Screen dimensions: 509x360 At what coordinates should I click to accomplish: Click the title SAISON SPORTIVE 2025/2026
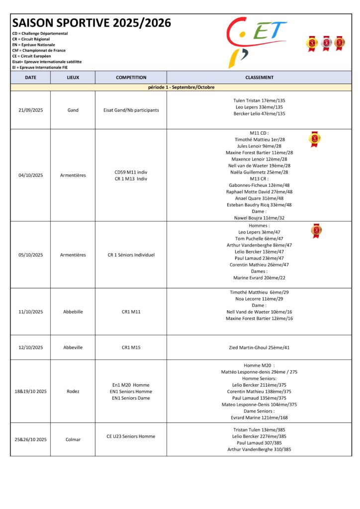point(91,23)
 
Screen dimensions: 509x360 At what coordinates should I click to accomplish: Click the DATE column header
point(30,78)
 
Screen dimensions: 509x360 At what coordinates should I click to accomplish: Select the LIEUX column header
point(73,78)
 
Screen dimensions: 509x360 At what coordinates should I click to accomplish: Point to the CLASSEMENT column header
point(259,78)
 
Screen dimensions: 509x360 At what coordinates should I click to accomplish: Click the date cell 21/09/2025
point(30,110)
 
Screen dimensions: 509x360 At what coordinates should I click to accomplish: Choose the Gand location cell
point(73,110)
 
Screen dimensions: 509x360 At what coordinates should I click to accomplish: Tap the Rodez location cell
point(73,391)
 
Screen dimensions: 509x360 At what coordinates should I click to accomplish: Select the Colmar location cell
point(73,439)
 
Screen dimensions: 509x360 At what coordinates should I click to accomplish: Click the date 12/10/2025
point(30,347)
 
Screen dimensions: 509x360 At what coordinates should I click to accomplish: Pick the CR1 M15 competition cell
point(131,347)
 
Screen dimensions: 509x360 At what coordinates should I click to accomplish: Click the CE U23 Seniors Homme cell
point(131,436)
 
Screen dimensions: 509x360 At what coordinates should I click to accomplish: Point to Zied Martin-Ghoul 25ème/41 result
point(259,347)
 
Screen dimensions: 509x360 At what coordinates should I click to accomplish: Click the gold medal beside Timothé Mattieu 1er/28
point(315,139)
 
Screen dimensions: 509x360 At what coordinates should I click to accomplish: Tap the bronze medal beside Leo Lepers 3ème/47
point(316,231)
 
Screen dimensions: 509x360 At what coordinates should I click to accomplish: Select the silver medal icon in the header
point(326,44)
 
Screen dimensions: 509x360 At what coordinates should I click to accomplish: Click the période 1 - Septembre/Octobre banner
point(181,87)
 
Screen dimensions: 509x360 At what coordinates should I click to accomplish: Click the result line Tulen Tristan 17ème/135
point(259,100)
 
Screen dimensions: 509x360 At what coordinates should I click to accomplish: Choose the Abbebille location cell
point(73,312)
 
